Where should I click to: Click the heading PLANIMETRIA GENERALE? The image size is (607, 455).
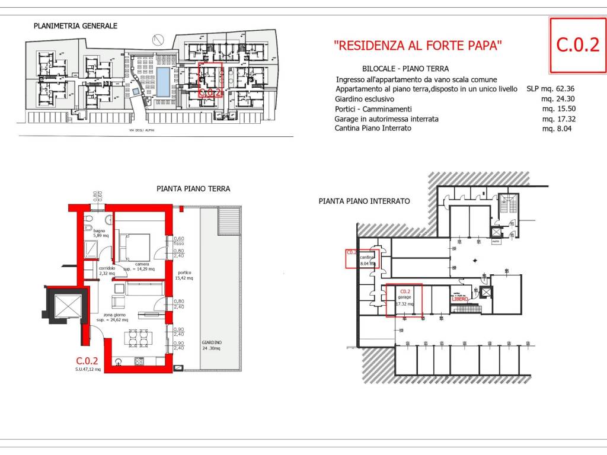75,26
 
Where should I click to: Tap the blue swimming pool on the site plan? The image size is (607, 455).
162,81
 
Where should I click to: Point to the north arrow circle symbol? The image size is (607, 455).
157,40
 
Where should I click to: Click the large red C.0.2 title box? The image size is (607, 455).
577,45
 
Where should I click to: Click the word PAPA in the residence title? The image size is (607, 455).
485,45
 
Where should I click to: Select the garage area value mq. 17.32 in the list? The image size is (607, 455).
558,118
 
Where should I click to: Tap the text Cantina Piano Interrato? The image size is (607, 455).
373,128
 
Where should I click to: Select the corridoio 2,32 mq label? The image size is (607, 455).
107,271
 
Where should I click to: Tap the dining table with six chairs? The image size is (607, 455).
138,338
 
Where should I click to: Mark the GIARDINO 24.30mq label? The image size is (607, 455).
212,345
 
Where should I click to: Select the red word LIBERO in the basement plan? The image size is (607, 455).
460,299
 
